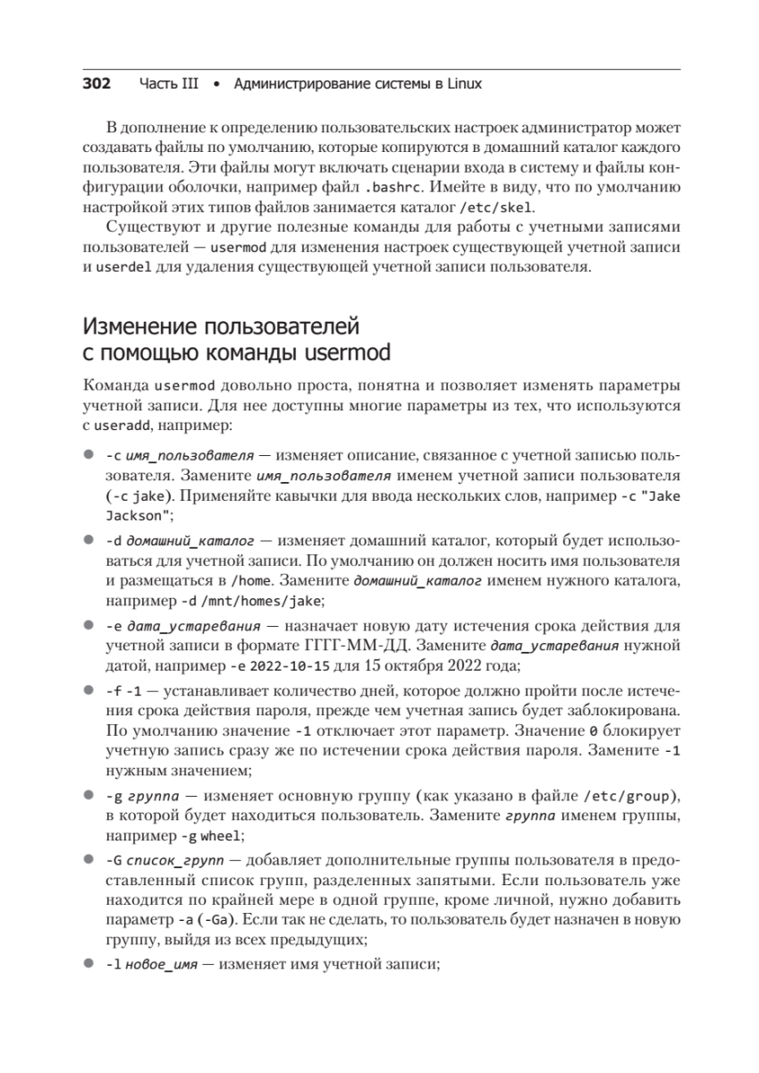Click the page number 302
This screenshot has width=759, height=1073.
click(x=97, y=84)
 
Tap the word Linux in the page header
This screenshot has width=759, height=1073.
click(x=463, y=84)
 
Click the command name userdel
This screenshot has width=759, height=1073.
click(x=124, y=267)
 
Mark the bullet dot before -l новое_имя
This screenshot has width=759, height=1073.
click(x=89, y=965)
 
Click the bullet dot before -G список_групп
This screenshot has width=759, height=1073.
click(x=89, y=859)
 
